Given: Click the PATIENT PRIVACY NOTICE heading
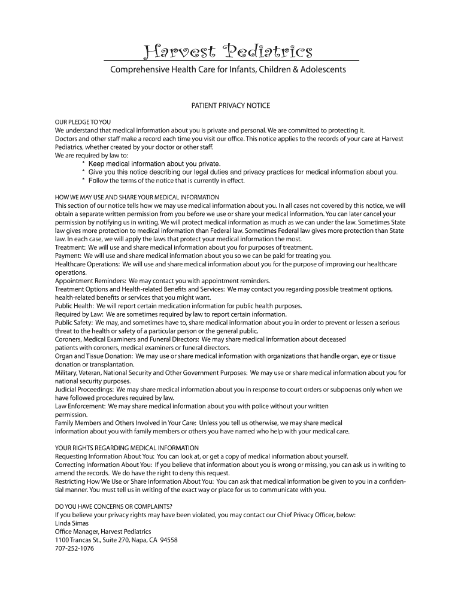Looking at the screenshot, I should pos(230,105).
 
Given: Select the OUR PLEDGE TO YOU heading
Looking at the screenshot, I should pos(83,122).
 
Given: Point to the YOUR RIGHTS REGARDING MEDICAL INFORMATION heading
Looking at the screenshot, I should pos(126,448).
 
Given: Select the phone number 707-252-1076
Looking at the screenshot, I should pos(74,548).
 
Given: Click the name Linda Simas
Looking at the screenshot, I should pos(71,523).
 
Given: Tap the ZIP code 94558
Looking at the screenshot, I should pos(168,539).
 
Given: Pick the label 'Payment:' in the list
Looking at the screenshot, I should pos(68,256).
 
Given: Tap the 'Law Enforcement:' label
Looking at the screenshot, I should pos(80,406).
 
